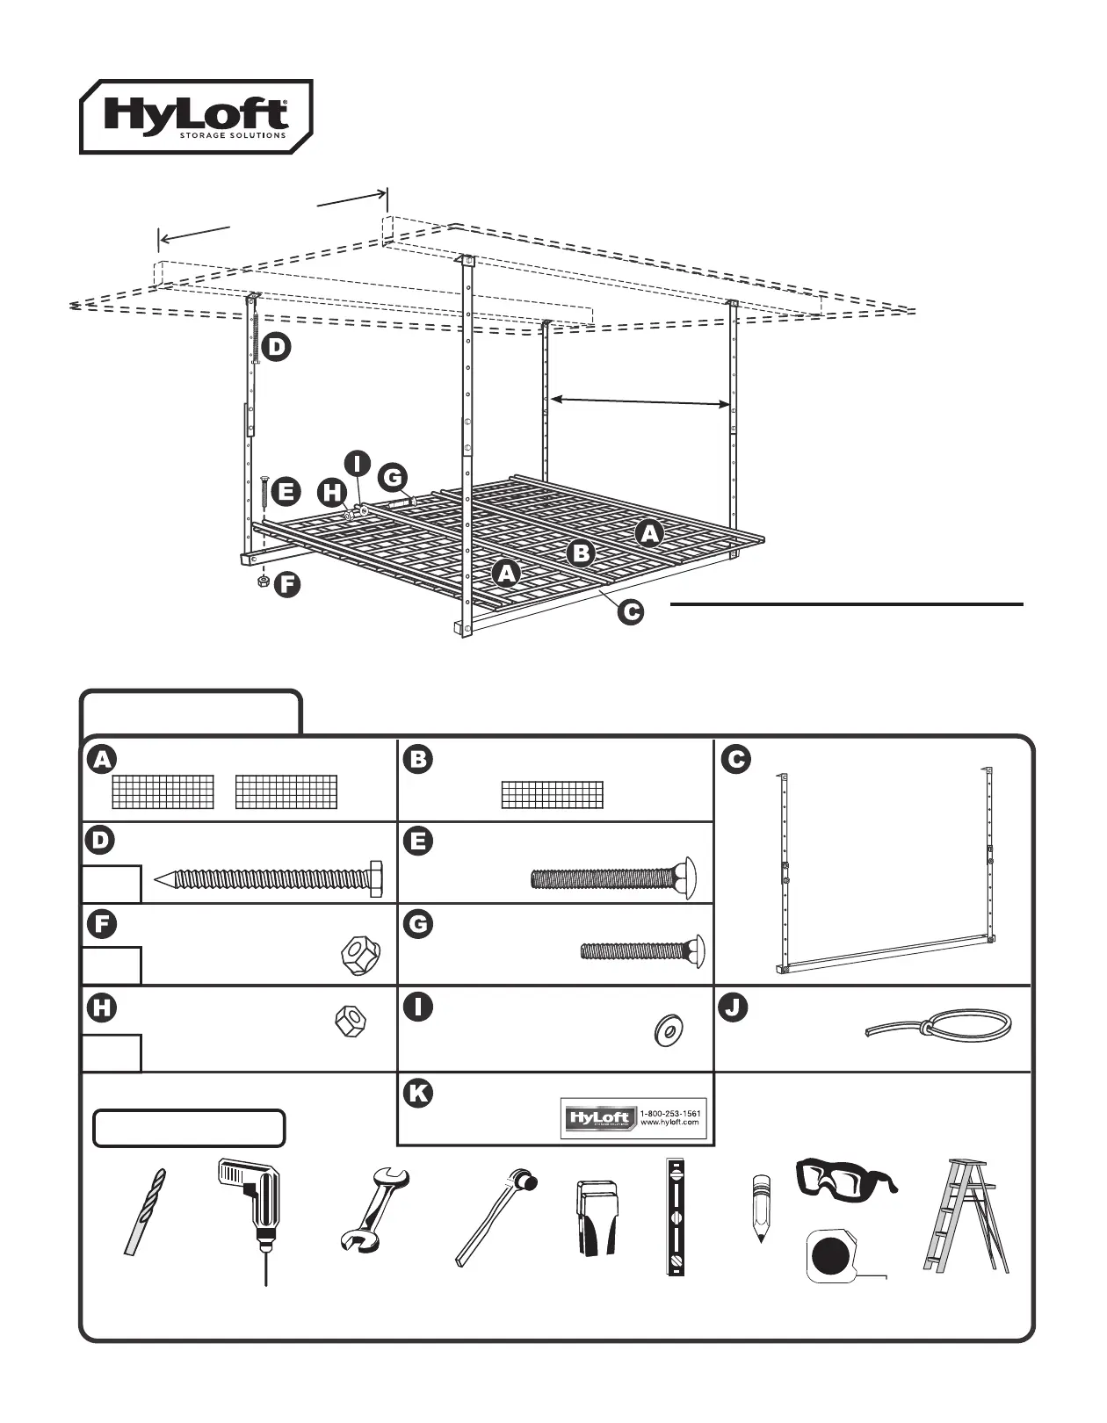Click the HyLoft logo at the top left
[x=196, y=116]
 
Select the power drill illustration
[x=252, y=1217]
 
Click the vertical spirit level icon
[x=675, y=1217]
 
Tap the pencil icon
[x=757, y=1208]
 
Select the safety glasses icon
[x=846, y=1177]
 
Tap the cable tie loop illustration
[x=938, y=1026]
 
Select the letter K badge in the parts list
[x=418, y=1093]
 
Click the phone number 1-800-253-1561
[x=671, y=1113]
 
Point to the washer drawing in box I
[x=670, y=1029]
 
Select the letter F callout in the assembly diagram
[x=286, y=584]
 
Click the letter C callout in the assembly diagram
[x=630, y=612]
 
